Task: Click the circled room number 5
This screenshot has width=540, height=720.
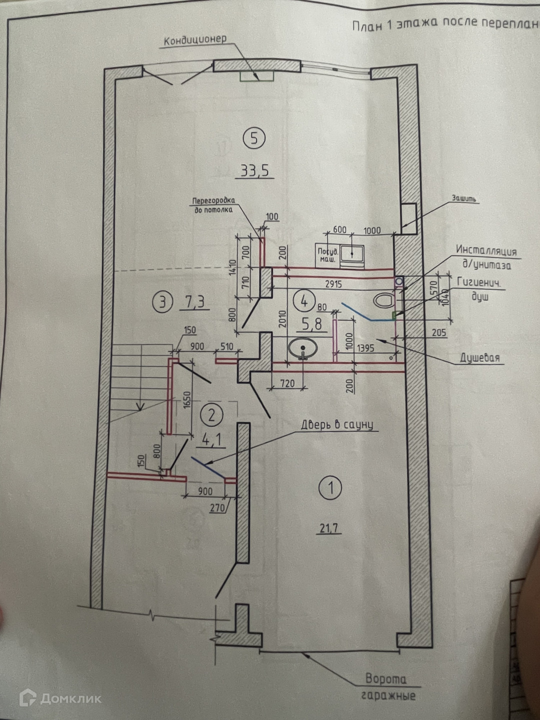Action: [254, 138]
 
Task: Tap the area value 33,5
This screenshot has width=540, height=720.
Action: [254, 170]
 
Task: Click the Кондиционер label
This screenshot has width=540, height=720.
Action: [195, 39]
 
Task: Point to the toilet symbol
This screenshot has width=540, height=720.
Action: [383, 301]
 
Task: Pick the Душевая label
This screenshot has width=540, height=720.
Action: [479, 358]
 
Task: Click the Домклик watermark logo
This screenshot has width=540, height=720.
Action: [60, 698]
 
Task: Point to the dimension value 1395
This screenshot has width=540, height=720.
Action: [366, 348]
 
